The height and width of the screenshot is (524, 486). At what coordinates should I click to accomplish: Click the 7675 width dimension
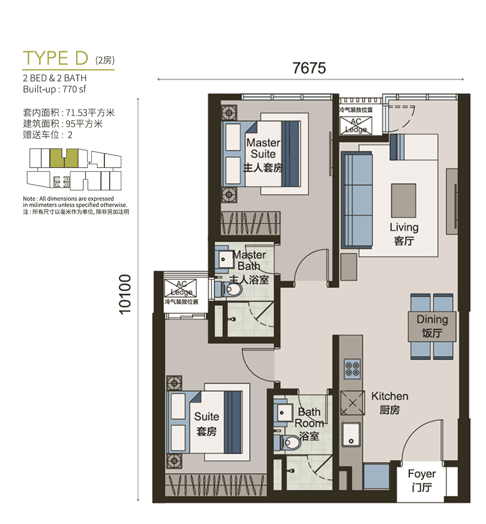point(309,68)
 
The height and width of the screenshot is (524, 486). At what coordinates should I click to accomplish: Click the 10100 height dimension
point(125,294)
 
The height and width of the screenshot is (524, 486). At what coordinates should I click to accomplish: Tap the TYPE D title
point(55,58)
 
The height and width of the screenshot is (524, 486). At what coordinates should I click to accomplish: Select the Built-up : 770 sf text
point(55,89)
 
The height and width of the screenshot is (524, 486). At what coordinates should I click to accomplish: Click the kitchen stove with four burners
point(352,369)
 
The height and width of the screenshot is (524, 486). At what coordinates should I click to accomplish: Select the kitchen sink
point(351,434)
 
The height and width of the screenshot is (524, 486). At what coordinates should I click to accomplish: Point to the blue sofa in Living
point(356,200)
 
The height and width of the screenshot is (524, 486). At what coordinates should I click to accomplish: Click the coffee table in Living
point(404,200)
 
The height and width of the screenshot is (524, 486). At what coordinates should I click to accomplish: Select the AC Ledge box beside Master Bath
point(180,289)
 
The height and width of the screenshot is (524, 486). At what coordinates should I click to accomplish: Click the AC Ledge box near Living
point(356,126)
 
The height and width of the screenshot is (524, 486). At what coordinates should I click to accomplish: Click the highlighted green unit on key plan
point(64,158)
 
